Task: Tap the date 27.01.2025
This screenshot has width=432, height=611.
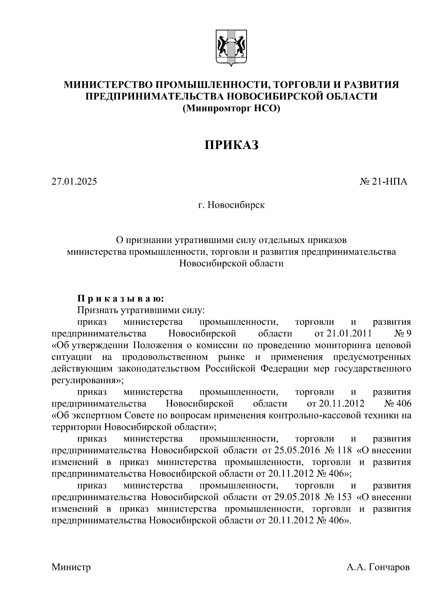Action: (74, 181)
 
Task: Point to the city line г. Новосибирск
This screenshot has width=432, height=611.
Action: (231, 205)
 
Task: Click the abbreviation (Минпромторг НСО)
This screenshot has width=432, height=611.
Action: (231, 108)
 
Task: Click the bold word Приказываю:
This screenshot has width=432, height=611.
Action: (121, 298)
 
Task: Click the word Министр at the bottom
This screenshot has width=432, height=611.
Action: (71, 567)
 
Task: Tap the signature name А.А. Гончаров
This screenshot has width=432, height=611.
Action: (378, 567)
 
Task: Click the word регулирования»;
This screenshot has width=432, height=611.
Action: (87, 380)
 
